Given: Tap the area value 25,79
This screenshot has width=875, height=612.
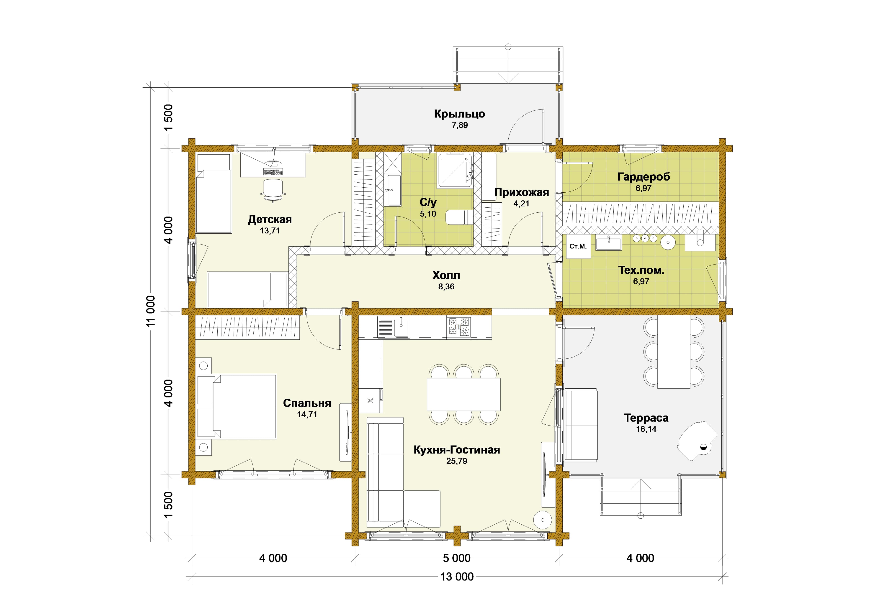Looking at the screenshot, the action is (457, 461).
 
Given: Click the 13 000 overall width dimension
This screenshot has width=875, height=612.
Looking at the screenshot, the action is (457, 577).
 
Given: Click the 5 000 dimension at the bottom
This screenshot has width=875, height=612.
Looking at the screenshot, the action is (457, 558).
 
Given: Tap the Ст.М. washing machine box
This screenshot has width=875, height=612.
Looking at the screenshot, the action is (578, 247).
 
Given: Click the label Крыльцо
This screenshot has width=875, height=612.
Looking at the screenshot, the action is (460, 114).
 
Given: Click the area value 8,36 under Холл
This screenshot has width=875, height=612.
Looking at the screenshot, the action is (446, 287).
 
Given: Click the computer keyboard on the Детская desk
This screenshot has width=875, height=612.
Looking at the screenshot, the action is (273, 172).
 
